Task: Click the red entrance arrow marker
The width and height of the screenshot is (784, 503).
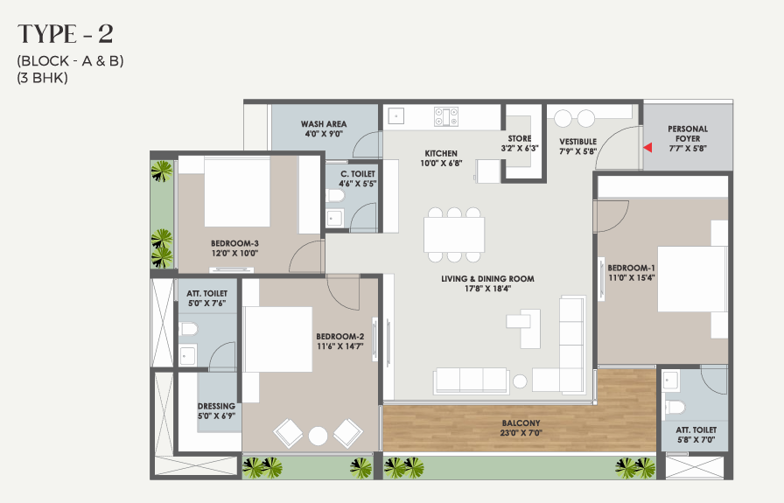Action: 647,148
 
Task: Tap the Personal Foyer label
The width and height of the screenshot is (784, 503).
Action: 688,134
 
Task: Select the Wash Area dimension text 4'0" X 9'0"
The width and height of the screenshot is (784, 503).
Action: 324,134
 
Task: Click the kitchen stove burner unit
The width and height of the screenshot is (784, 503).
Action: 446,116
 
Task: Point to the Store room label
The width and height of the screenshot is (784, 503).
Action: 520,138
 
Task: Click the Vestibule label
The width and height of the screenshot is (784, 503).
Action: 578,142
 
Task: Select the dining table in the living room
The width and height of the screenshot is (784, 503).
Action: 454,234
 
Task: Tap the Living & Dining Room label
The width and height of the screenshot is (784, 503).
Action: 487,278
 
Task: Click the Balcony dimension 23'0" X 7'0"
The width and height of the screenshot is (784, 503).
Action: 521,433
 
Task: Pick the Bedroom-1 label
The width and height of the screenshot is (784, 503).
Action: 631,268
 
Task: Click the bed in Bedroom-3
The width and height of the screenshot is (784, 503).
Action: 237,192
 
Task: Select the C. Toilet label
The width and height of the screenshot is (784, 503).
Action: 358,174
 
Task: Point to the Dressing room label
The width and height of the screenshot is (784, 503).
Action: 216,406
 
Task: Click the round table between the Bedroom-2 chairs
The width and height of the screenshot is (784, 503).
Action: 318,436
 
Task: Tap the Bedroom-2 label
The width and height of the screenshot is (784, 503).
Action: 340,337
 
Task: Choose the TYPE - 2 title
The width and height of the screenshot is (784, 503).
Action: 66,34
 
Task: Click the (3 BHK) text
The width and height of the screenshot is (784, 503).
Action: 43,78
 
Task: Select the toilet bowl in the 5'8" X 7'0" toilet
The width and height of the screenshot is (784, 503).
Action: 675,407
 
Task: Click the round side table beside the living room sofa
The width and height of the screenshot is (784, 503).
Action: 520,381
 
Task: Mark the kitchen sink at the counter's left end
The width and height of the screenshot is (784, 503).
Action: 396,116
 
